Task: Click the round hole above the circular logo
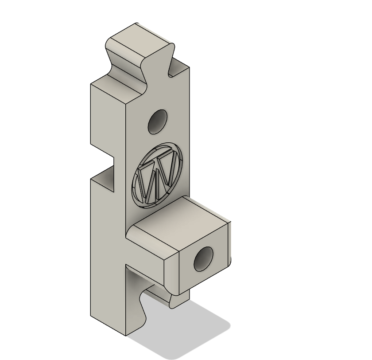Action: coord(157,122)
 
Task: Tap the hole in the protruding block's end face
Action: coord(204,260)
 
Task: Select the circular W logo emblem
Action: coord(157,174)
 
